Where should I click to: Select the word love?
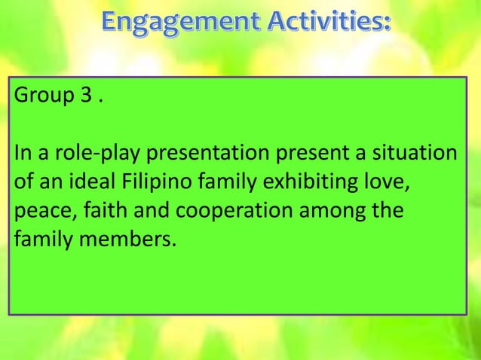[391, 184]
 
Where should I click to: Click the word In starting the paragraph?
[20, 155]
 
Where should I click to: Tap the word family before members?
[39, 241]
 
